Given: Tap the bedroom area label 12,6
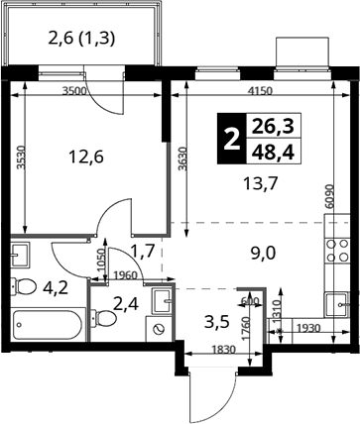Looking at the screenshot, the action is [x=86, y=157].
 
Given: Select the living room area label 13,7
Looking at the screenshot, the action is [x=260, y=183].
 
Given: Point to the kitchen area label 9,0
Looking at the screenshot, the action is [x=264, y=254].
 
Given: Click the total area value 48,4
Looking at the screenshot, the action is [x=273, y=153].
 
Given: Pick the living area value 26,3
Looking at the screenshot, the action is [x=273, y=126].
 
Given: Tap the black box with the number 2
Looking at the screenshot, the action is [x=232, y=139].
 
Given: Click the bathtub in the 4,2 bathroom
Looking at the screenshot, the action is [x=48, y=325].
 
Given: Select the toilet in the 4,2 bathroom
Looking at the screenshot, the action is [x=24, y=286].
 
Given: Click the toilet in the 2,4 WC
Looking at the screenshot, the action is [x=104, y=318].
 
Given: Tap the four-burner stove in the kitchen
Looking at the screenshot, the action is [x=337, y=250].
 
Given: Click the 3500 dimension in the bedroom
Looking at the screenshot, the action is [x=74, y=91].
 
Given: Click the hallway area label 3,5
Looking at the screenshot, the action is [x=217, y=323].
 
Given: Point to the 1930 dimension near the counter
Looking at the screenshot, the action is [x=308, y=328].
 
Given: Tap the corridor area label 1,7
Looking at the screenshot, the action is [x=143, y=252].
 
